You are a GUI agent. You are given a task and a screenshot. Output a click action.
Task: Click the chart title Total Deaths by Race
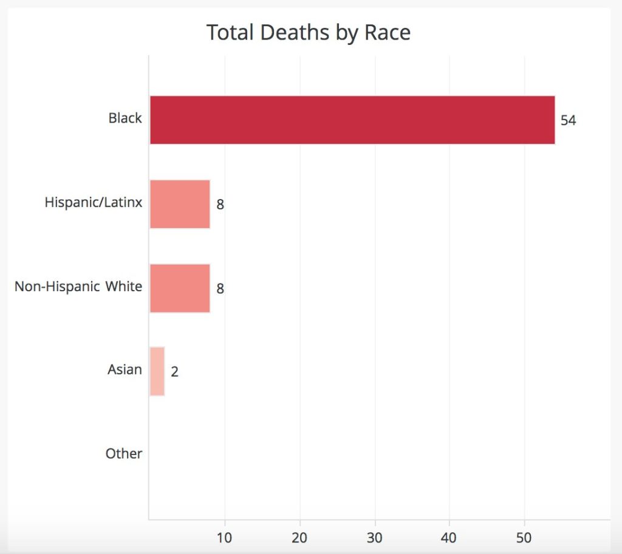[x=308, y=32]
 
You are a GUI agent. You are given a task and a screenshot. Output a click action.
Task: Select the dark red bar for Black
[x=352, y=120]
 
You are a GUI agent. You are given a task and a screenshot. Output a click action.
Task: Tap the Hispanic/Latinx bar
[x=180, y=204]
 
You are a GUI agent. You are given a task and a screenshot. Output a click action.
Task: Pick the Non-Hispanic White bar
[x=180, y=288]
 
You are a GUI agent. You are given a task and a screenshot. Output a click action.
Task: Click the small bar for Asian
[x=157, y=371]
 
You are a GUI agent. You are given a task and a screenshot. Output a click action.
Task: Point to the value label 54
[x=568, y=120]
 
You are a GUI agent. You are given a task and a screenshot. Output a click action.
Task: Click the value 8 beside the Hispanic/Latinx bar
[x=220, y=204]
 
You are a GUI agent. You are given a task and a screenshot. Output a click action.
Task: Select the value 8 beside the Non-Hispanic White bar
[x=220, y=289]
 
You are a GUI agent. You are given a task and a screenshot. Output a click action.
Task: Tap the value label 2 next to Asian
[x=174, y=371]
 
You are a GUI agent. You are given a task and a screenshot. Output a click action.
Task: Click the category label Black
[x=125, y=118]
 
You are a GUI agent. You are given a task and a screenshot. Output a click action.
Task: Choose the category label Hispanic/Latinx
[x=94, y=202]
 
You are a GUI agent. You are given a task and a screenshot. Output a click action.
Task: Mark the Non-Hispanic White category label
[x=78, y=286]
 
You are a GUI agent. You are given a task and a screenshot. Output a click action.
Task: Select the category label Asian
[x=125, y=370]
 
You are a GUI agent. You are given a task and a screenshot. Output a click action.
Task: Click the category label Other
[x=124, y=454]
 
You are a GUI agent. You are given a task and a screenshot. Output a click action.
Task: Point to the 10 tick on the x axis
[x=225, y=538]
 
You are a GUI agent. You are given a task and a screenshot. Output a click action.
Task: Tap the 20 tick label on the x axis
[x=300, y=538]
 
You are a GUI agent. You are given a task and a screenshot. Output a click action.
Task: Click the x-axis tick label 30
[x=375, y=538]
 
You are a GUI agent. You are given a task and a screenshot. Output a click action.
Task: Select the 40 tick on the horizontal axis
[x=449, y=538]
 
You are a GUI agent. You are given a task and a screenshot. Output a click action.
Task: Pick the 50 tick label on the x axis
[x=524, y=538]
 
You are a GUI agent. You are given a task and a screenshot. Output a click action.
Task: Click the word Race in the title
[x=388, y=32]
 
